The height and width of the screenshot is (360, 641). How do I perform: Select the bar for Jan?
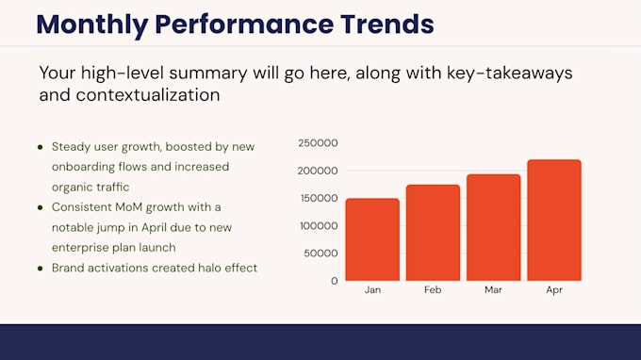[x=372, y=239]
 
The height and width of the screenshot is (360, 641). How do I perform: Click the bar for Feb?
[x=433, y=233]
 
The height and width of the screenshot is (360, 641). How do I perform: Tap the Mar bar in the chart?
[x=493, y=228]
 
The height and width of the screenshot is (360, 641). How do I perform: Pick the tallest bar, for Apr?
[x=554, y=221]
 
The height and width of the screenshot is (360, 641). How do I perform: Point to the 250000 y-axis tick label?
[x=318, y=143]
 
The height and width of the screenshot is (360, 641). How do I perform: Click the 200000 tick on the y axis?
[x=318, y=171]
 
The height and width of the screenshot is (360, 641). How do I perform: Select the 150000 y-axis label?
[x=320, y=198]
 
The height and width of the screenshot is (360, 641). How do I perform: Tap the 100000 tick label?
[x=320, y=226]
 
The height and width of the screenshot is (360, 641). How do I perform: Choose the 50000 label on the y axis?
[x=320, y=254]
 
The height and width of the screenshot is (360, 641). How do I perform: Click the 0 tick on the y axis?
[x=335, y=281]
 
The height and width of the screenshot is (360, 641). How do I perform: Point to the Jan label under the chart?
[x=372, y=289]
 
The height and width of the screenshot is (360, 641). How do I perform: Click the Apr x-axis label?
[x=554, y=290]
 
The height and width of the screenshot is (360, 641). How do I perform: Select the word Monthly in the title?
[x=92, y=25]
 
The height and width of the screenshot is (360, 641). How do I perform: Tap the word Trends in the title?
[x=387, y=25]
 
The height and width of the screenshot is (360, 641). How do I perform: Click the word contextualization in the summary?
[x=148, y=95]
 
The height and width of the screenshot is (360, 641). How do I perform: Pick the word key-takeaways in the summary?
[x=509, y=74]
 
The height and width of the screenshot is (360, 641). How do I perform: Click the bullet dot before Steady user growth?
[x=40, y=147]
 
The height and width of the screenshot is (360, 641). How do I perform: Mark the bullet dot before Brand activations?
[x=40, y=269]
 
